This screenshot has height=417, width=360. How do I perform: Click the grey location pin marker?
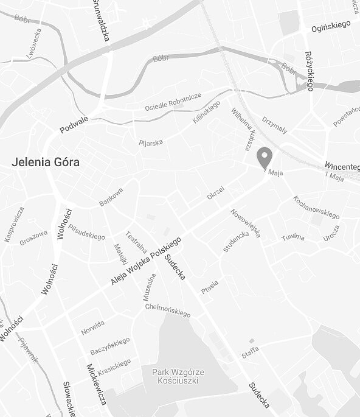click(264, 158)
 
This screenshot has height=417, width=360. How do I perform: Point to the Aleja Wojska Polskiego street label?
click(146, 261)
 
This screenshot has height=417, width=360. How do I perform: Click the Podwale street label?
click(74, 125)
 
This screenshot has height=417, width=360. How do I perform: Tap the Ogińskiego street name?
click(331, 25)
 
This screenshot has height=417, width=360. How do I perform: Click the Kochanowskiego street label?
click(316, 207)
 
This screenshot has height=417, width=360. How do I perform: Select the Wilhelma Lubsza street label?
click(241, 128)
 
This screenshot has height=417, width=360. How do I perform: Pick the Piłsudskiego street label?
click(86, 232)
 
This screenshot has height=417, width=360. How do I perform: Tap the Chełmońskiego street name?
click(168, 310)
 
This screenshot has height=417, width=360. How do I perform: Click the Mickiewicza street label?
click(97, 384)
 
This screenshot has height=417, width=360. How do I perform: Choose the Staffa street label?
click(250, 351)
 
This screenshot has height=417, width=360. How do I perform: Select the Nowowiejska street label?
click(245, 223)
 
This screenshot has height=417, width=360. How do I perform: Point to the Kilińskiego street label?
click(206, 113)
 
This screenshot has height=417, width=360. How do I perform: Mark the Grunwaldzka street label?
click(101, 21)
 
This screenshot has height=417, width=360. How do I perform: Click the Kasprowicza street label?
click(14, 224)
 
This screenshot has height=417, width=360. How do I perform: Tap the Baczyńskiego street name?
click(110, 346)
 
